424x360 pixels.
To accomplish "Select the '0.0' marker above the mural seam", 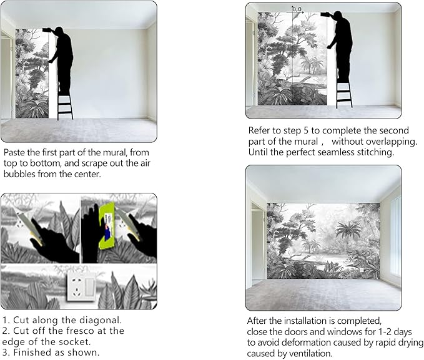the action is click(x=297, y=9).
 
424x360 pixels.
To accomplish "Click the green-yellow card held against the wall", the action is click(x=107, y=225).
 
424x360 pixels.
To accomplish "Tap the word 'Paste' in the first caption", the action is click(x=13, y=152).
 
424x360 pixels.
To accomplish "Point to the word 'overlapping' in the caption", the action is click(x=388, y=142).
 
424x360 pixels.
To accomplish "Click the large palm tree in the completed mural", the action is click(x=348, y=231).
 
